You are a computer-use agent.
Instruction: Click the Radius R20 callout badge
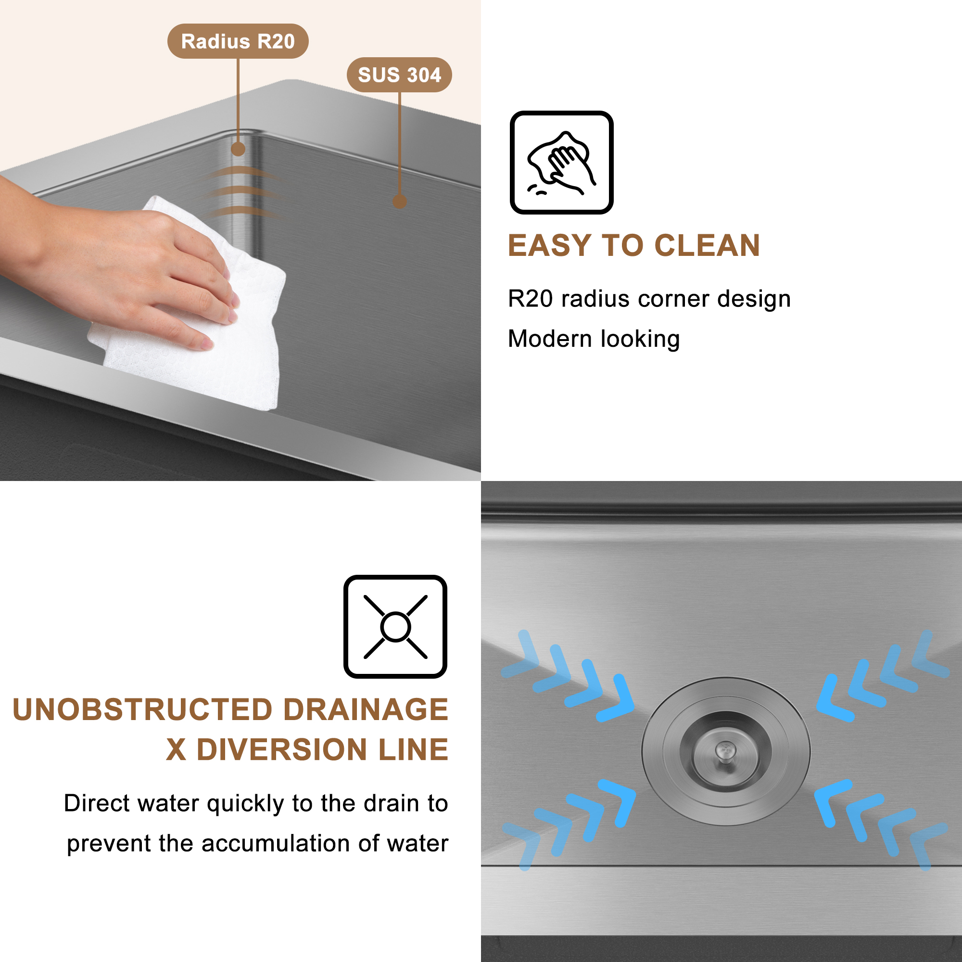pos(238,41)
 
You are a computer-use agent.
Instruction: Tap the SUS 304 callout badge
pos(399,75)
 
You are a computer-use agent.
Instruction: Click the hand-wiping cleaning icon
pos(561,162)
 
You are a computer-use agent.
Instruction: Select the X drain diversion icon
pos(395,626)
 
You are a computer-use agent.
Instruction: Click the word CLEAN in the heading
pos(707,245)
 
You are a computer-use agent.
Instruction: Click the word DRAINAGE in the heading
pos(366,709)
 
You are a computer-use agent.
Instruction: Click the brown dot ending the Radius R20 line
pos(238,149)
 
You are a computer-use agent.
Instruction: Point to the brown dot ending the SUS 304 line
pos(399,202)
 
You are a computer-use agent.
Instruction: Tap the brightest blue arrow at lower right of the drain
pos(831,802)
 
